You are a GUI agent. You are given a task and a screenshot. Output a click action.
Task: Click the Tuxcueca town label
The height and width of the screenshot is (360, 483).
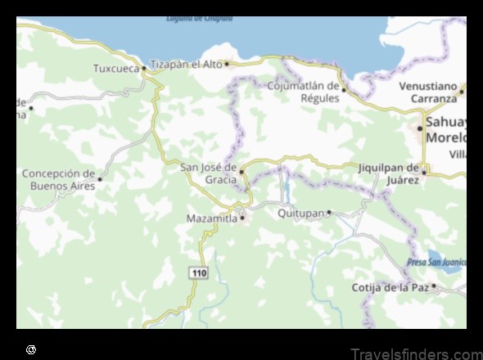(x=115, y=69)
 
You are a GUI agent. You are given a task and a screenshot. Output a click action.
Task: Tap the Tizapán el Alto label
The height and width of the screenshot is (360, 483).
(x=186, y=64)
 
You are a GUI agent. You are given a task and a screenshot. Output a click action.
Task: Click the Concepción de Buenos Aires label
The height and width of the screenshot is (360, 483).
(x=58, y=179)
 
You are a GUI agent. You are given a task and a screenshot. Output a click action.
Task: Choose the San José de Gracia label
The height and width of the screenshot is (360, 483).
(x=209, y=173)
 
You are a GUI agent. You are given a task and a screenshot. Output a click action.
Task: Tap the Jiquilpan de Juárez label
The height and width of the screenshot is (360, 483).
(x=388, y=173)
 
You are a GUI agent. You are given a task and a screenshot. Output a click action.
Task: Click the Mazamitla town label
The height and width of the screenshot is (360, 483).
(x=211, y=218)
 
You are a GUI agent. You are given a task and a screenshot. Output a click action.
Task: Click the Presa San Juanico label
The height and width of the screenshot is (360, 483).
(x=436, y=263)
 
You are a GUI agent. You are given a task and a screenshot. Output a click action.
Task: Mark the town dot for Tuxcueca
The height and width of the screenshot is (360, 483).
(x=144, y=69)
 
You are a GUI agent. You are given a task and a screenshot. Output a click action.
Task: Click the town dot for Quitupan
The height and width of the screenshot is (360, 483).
(x=329, y=213)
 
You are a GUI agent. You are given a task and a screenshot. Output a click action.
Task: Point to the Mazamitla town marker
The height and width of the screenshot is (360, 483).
(x=242, y=218)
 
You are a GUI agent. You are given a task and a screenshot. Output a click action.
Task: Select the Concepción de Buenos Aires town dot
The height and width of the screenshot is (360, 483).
(x=100, y=178)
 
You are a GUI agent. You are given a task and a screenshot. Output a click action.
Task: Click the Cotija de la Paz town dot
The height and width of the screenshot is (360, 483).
(x=434, y=286)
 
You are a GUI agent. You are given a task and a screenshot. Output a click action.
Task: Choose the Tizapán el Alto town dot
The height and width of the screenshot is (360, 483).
(x=227, y=64)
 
